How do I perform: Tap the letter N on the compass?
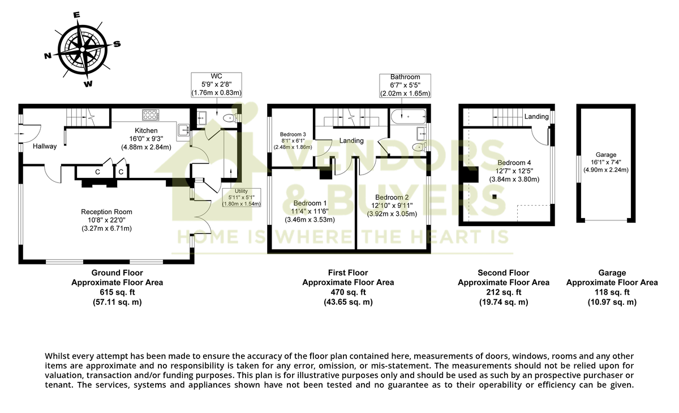[48, 56]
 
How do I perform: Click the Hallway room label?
[44, 146]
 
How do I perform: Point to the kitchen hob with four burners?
[151, 114]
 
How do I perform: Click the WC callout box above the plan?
[216, 84]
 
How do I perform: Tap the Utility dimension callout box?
[241, 197]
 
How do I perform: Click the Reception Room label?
[106, 212]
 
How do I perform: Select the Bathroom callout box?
[405, 85]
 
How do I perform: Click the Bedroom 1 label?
[310, 203]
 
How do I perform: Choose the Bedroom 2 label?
[392, 198]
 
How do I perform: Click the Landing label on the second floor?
[536, 117]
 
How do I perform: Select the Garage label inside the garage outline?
[605, 155]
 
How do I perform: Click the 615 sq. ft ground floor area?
[117, 292]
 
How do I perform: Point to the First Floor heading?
[348, 273]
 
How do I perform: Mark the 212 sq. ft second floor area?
[503, 292]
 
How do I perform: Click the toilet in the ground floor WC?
[229, 118]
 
